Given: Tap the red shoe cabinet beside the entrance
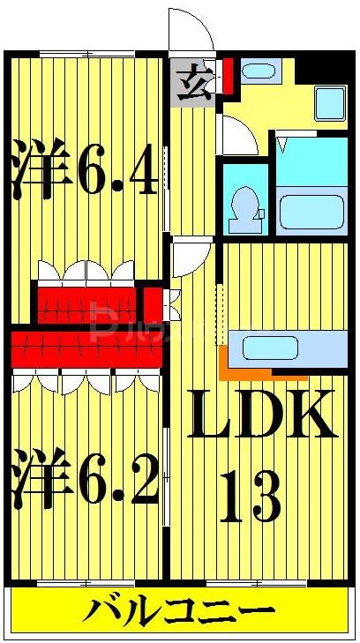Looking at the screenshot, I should pyautogui.click(x=228, y=75).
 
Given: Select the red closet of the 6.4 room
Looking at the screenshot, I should pyautogui.click(x=86, y=303).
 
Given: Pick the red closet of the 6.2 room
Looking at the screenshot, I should pyautogui.click(x=86, y=347).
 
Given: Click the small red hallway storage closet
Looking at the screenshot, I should pyautogui.click(x=154, y=302).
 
